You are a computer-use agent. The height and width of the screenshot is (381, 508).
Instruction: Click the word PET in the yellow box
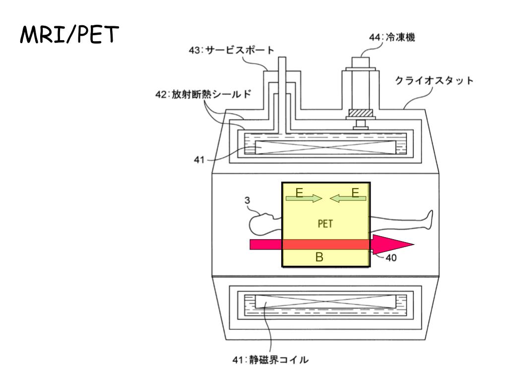coord(325,223)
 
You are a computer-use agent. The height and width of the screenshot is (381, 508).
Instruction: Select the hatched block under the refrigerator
coord(361,114)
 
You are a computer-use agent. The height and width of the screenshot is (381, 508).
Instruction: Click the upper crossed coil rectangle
coord(325,147)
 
